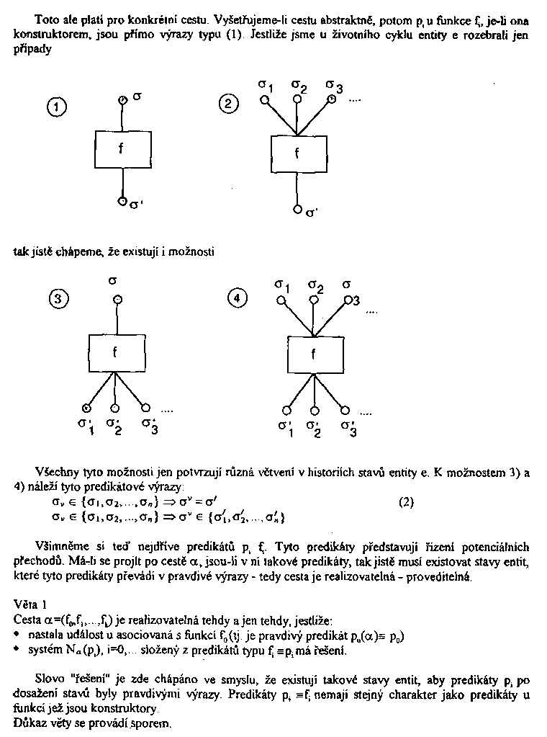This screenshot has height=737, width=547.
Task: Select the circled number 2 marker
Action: pos(227,104)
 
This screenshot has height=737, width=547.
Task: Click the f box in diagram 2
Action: pos(297,153)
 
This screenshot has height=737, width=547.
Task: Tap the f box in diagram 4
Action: pos(314,354)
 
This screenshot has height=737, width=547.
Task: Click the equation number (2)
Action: pos(408,503)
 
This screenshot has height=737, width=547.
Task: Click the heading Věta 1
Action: pos(30,603)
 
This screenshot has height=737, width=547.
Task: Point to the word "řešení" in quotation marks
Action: pos(76,679)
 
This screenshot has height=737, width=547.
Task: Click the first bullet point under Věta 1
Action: pos(17,635)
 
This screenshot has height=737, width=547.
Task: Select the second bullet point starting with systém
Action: pos(17,651)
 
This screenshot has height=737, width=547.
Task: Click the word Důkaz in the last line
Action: pos(30,724)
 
